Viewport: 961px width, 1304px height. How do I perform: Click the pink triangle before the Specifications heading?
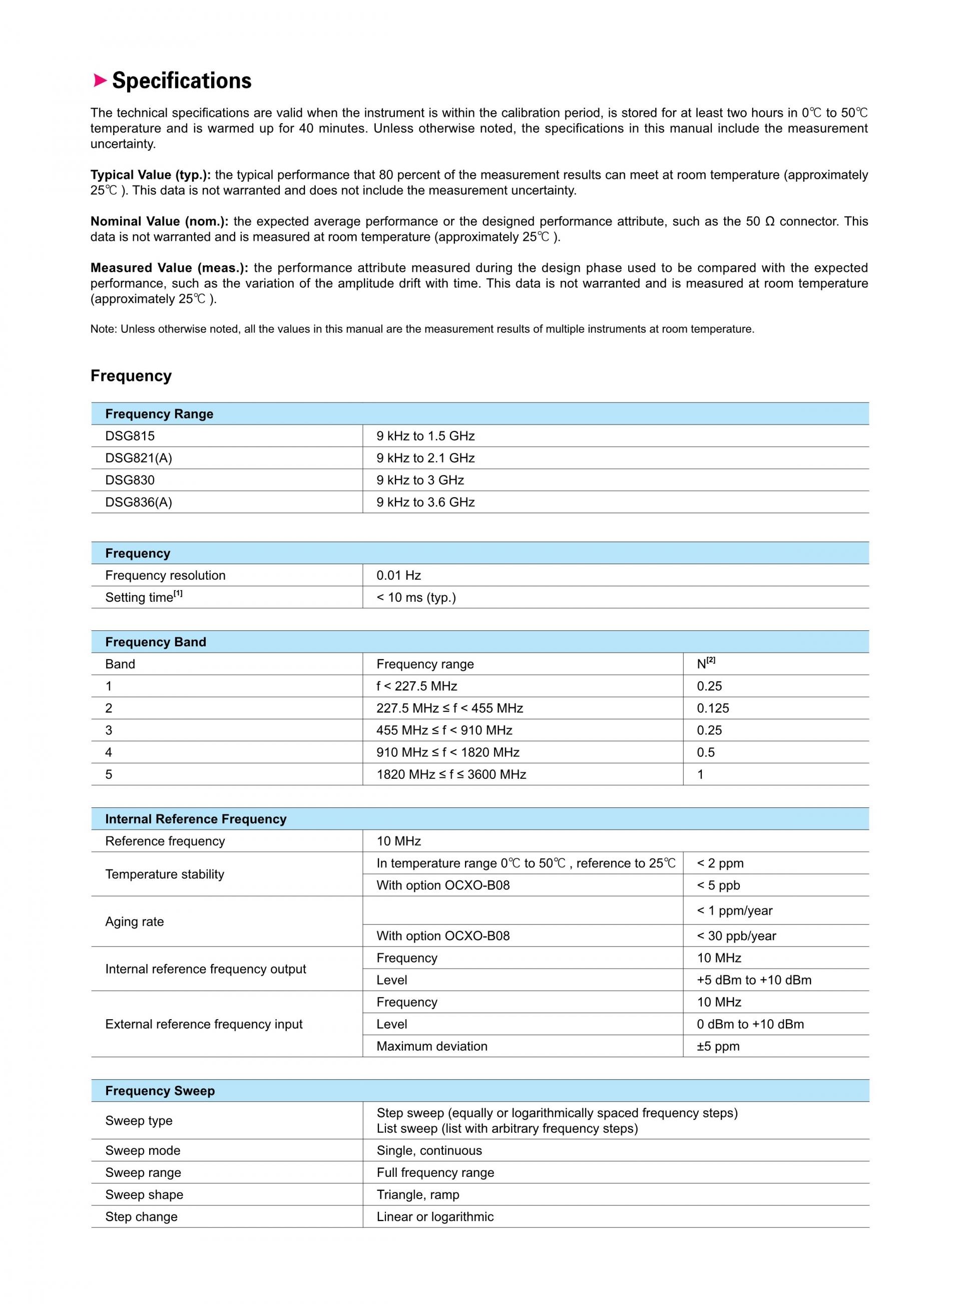coord(100,80)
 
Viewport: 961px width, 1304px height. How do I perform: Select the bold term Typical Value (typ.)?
coord(151,175)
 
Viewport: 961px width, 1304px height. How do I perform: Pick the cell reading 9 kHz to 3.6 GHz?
coord(425,503)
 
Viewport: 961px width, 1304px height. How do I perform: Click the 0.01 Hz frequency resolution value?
coord(398,576)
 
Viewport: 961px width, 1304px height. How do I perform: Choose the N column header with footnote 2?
coord(706,664)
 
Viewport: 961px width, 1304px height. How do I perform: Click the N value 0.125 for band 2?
coord(713,708)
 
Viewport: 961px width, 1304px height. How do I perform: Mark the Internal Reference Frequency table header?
coord(196,819)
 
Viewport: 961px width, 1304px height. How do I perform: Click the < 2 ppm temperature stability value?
coord(720,863)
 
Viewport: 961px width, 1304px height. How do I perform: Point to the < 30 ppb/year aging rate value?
coord(736,937)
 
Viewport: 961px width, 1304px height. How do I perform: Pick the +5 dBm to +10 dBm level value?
coord(754,981)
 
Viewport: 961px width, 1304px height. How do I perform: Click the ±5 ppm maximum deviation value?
coord(718,1046)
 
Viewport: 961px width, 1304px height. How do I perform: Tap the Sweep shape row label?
coord(144,1195)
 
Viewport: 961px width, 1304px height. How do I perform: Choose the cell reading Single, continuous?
coord(429,1150)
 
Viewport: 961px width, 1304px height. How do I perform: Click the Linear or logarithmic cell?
coord(434,1217)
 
